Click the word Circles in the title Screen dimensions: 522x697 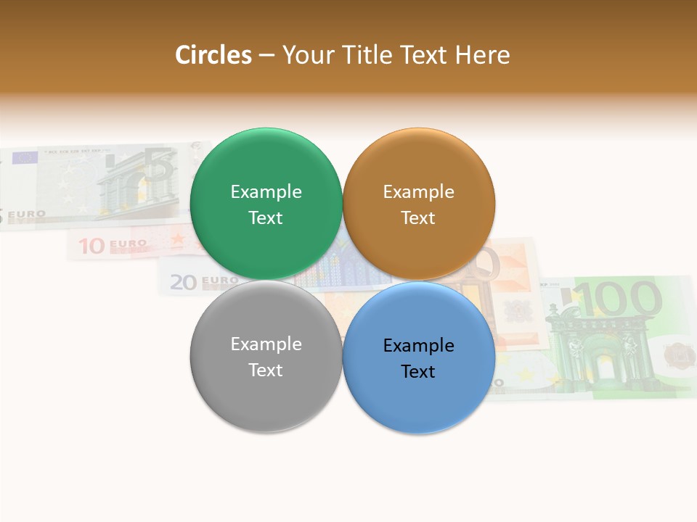pyautogui.click(x=213, y=55)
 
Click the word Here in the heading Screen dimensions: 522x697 pyautogui.click(x=482, y=55)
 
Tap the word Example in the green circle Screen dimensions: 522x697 pyautogui.click(x=266, y=191)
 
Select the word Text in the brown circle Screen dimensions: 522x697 pyautogui.click(x=418, y=217)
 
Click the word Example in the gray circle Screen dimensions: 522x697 pyautogui.click(x=266, y=344)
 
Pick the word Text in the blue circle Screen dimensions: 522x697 pyautogui.click(x=418, y=371)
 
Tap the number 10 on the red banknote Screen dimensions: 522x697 pyautogui.click(x=92, y=246)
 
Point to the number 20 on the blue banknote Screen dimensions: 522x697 pyautogui.click(x=183, y=282)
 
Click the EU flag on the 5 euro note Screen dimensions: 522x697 pyautogui.click(x=25, y=157)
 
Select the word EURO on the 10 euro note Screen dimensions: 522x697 pyautogui.click(x=128, y=244)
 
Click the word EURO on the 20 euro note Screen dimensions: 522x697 pyautogui.click(x=219, y=280)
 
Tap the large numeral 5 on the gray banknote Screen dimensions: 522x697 pyautogui.click(x=158, y=166)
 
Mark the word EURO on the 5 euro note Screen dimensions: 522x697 pyautogui.click(x=27, y=215)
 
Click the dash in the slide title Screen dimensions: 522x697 pyautogui.click(x=266, y=55)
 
